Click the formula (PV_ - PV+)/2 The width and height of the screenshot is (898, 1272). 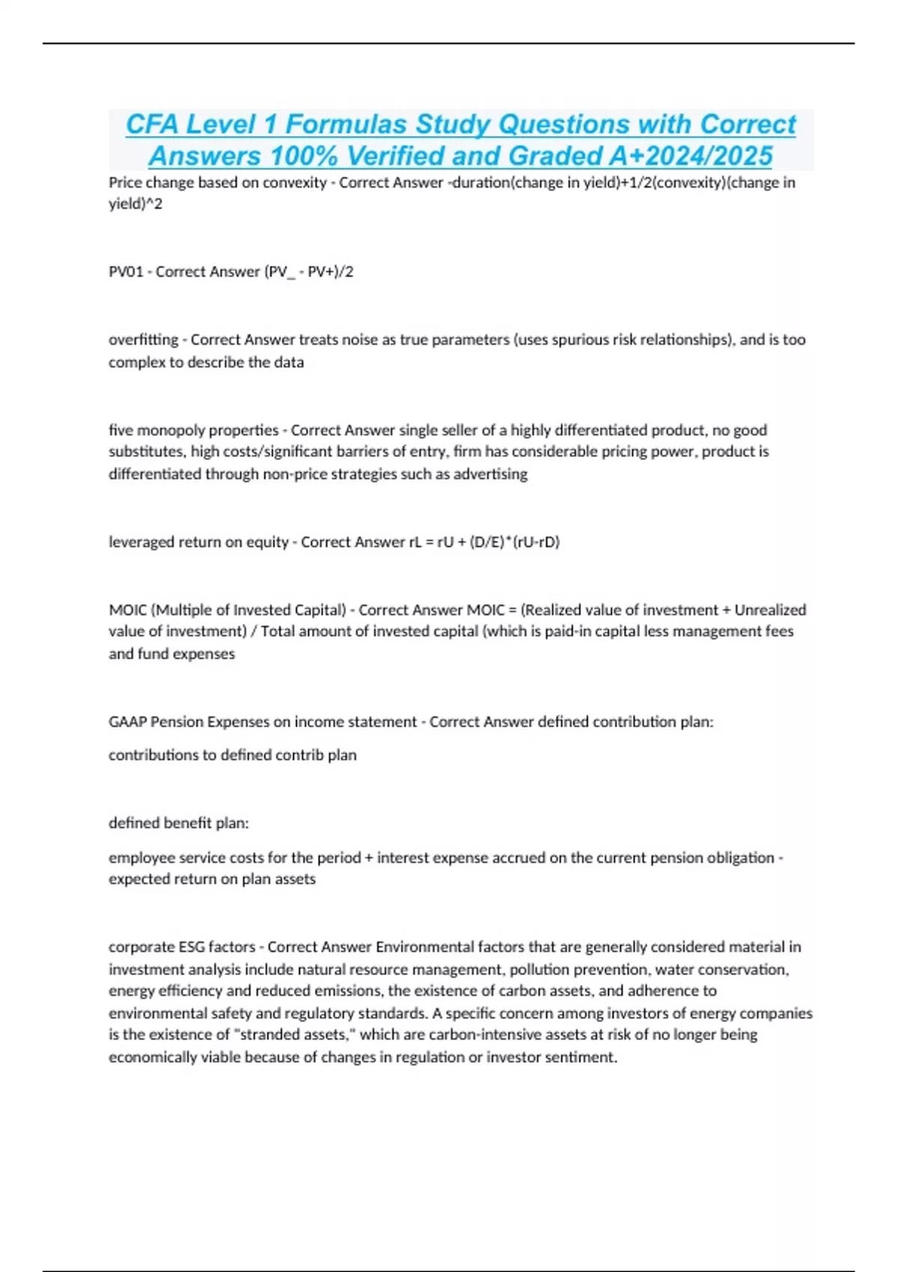coord(308,272)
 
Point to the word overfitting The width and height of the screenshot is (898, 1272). coord(143,340)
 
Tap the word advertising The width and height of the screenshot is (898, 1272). coord(490,474)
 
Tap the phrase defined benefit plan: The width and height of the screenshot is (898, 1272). coord(179,823)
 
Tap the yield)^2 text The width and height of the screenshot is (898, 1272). coord(135,204)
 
